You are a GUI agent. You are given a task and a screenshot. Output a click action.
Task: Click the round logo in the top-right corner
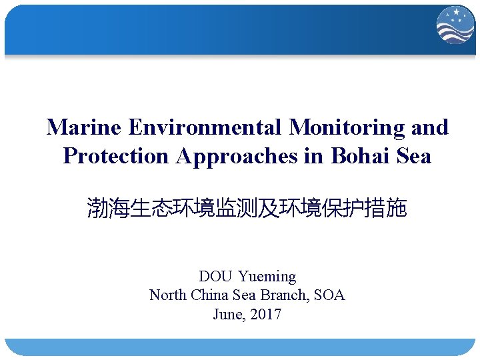[455, 26]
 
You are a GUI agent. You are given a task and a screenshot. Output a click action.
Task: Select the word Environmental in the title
[206, 127]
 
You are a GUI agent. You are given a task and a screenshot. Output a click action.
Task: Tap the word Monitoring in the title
[348, 127]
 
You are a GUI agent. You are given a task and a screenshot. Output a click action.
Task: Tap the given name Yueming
[267, 276]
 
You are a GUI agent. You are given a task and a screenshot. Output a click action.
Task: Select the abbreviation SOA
[329, 295]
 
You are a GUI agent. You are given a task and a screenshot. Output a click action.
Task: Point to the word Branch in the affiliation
[283, 295]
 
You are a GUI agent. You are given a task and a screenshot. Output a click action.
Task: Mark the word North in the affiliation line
[169, 295]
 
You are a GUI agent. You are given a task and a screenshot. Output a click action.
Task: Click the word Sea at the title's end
[413, 156]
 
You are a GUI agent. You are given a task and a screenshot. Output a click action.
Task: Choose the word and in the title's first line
[431, 127]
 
